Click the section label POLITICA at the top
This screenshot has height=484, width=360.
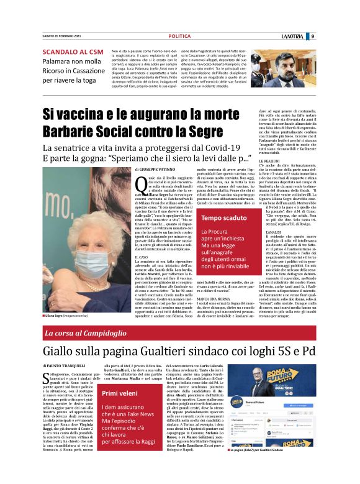(x=179, y=36)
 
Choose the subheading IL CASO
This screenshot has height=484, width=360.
(x=140, y=240)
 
